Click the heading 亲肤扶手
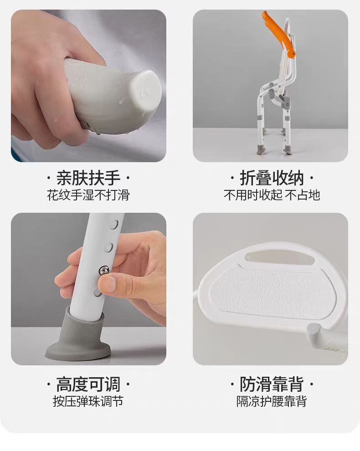click(x=88, y=178)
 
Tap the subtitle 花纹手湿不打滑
click(x=88, y=195)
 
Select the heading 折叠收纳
click(x=272, y=178)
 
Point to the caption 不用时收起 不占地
click(x=272, y=195)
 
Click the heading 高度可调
click(x=88, y=384)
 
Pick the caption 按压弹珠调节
click(x=88, y=401)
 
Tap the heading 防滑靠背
click(x=272, y=384)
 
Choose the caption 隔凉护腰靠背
click(x=272, y=401)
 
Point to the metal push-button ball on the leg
click(x=104, y=270)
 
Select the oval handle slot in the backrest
click(x=280, y=257)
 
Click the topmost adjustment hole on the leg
click(x=114, y=224)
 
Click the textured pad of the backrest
click(x=273, y=288)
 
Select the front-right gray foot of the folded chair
click(x=288, y=149)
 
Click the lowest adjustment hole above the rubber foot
click(x=98, y=293)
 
